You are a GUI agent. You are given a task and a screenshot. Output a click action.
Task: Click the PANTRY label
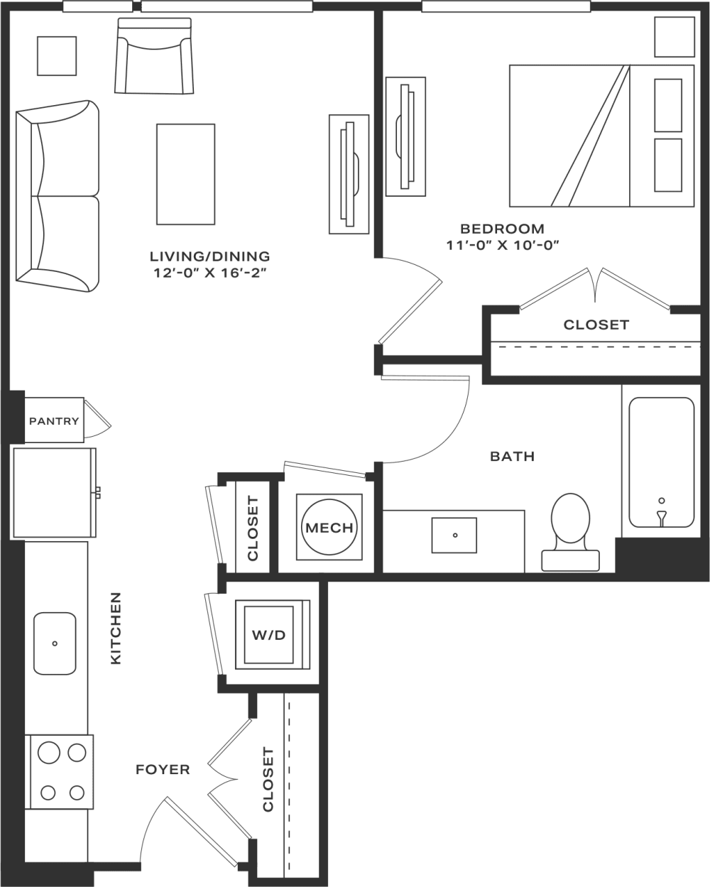point(54,421)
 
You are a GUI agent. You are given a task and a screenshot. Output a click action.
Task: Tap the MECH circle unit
point(329,528)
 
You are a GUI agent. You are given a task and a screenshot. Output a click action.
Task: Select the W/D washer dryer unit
point(268,634)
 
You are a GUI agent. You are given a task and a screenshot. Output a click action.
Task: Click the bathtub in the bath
point(661,462)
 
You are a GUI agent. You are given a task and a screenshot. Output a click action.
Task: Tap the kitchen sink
point(55,643)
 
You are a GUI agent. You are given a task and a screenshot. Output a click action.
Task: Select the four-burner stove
point(60,772)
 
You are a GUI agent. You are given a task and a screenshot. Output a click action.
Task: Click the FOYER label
point(163,769)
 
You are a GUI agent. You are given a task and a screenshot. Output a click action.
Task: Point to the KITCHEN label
point(116,628)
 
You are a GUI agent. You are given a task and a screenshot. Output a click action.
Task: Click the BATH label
point(512,456)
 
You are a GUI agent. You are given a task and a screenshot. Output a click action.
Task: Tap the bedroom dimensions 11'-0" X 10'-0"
point(503,246)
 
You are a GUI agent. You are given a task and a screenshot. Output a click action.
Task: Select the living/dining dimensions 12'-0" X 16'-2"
point(209,272)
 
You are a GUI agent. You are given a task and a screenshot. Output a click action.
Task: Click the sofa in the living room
point(57,195)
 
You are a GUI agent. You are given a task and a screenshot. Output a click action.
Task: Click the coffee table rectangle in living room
point(185,174)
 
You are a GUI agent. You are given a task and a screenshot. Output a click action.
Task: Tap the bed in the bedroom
point(601,136)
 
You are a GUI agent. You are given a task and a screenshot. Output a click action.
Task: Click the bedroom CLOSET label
point(596,325)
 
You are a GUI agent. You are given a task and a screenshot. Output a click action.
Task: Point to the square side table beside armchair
point(57,55)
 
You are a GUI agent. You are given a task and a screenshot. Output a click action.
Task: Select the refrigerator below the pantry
point(54,492)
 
